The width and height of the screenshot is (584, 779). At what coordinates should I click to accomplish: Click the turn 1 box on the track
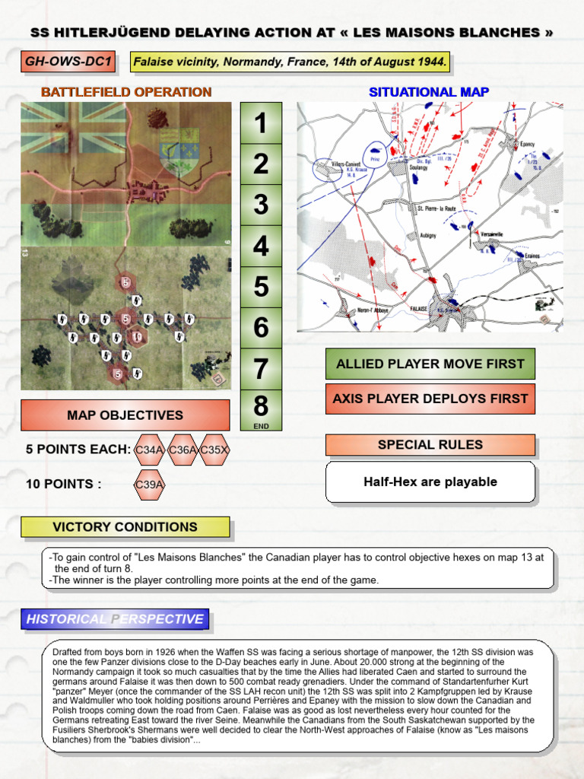tap(261, 122)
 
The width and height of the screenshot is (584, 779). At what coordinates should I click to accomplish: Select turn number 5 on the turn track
tap(261, 287)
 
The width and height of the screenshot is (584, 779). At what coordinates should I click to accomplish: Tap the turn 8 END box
tap(261, 409)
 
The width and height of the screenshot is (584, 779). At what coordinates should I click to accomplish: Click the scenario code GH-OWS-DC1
tap(68, 62)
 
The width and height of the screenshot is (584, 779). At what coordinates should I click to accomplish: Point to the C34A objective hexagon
tap(149, 450)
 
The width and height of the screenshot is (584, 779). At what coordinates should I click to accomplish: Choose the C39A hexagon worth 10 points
tap(149, 484)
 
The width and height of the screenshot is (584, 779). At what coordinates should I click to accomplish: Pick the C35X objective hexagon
tap(214, 450)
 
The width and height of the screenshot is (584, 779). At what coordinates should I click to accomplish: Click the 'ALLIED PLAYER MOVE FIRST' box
tap(430, 364)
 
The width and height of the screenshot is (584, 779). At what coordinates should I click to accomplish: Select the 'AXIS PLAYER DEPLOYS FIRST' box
tap(430, 399)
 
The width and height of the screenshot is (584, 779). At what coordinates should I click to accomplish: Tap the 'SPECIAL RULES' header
tap(430, 445)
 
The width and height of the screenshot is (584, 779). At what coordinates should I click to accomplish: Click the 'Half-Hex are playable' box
tap(430, 482)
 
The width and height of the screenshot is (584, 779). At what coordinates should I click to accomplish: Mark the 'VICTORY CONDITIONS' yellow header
tap(125, 526)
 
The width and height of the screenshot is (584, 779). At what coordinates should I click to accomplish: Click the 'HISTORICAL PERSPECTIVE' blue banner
tap(115, 619)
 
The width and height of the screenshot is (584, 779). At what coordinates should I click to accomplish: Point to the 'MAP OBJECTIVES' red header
tap(125, 415)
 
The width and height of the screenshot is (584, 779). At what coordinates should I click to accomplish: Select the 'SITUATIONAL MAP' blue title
tap(429, 92)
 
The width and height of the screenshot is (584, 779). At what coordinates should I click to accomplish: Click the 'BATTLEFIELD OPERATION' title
tap(126, 92)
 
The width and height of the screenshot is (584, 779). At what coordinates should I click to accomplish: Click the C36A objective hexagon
tap(182, 450)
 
